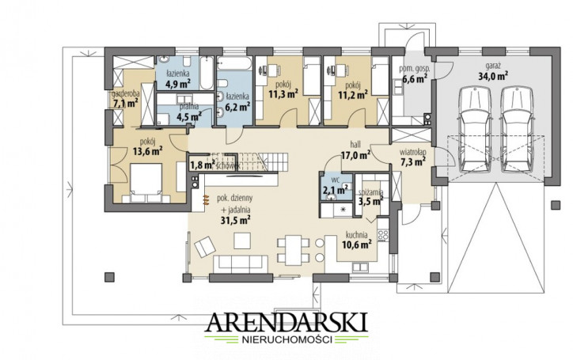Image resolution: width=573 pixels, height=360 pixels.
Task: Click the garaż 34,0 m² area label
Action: tap(493, 72)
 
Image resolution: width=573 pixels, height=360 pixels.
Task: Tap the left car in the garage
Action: tap(475, 130)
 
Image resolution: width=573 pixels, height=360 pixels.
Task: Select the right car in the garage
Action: tap(516, 130)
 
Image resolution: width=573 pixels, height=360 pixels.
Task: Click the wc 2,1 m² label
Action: tap(335, 186)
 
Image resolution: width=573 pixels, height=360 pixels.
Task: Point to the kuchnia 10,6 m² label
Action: tap(357, 240)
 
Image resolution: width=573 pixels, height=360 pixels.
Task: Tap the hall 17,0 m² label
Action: tap(355, 150)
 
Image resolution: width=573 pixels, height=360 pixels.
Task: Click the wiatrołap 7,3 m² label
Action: tap(412, 157)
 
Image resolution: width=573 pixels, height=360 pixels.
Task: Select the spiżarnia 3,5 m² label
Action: tap(370, 197)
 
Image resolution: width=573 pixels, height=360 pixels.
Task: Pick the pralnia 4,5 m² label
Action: tap(189, 112)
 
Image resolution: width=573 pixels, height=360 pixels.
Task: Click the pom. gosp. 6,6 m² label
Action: tap(415, 74)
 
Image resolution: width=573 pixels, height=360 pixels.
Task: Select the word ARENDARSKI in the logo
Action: tap(287, 322)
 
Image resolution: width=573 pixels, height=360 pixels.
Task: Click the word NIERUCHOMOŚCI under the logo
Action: tap(286, 339)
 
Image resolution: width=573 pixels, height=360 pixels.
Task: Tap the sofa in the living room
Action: tap(240, 263)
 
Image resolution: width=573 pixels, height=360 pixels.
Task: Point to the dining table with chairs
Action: tap(294, 250)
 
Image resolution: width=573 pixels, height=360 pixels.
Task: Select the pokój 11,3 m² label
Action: tap(283, 90)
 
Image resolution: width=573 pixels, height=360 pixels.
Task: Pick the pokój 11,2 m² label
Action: tap(353, 90)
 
